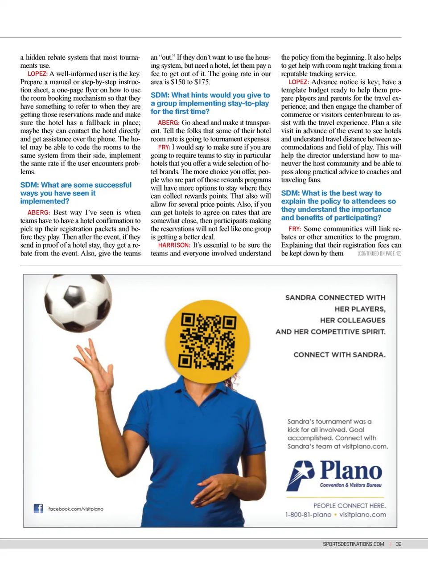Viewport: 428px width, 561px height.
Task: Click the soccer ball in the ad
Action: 78,302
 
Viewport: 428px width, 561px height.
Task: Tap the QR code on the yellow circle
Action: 207,341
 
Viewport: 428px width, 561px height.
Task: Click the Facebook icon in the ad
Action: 38,508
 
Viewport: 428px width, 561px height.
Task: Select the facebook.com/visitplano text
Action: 76,509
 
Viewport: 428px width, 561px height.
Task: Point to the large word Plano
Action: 351,470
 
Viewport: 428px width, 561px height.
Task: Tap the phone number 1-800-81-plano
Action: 309,515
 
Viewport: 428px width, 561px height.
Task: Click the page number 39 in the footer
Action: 398,544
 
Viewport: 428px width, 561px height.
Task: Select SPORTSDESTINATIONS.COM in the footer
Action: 353,544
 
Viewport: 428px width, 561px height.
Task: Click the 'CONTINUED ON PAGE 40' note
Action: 379,254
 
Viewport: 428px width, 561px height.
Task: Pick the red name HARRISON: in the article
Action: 174,245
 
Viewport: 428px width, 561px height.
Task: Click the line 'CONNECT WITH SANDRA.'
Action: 339,355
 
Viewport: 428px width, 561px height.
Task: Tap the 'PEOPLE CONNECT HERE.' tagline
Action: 350,506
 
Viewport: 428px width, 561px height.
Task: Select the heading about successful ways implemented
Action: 76,193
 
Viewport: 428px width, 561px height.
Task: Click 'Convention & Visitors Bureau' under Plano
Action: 350,485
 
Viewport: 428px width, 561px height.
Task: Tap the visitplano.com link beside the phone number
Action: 362,515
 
